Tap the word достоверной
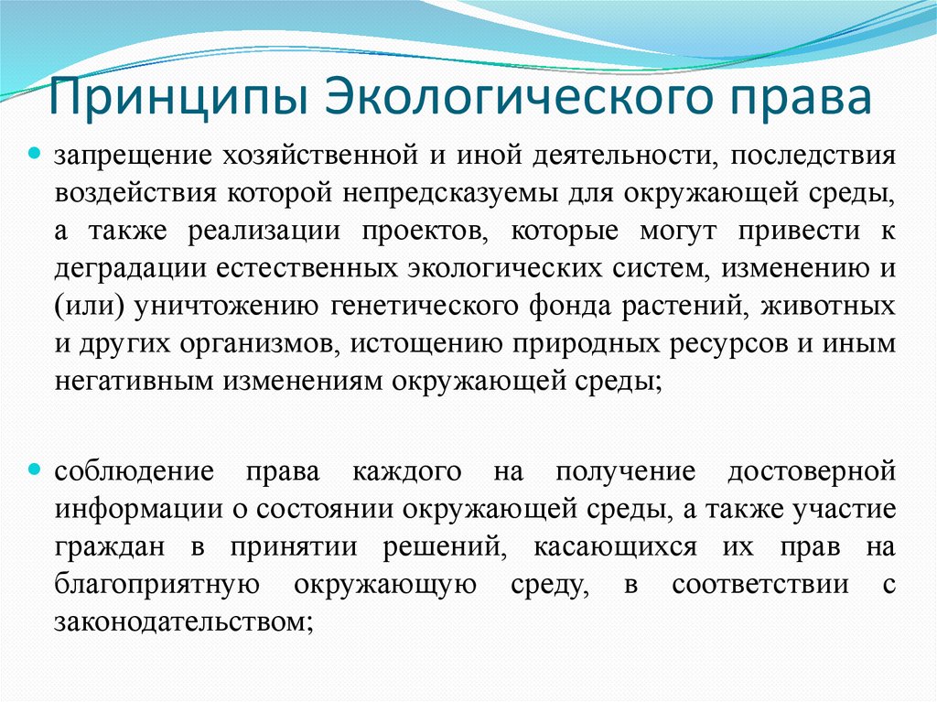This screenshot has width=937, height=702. tap(810, 471)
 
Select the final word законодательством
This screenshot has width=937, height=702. tap(184, 623)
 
